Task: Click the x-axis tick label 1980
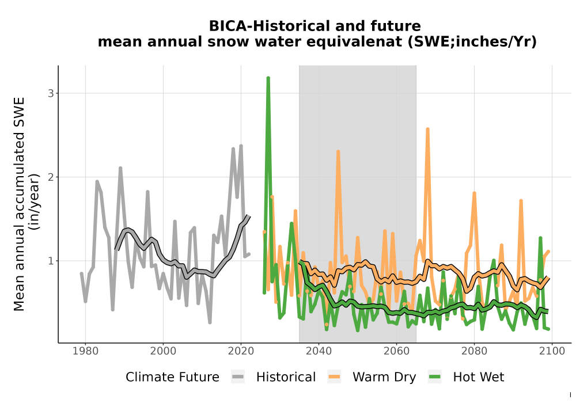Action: tap(86, 351)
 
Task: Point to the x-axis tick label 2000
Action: tap(163, 351)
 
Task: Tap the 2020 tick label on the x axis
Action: tap(241, 351)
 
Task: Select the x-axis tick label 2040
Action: tap(319, 351)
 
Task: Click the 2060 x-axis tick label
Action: tap(396, 351)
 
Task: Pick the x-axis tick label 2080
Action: tap(474, 351)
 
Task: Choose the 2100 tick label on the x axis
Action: tap(552, 351)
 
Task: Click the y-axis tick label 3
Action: tap(51, 93)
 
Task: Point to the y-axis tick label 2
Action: tap(51, 177)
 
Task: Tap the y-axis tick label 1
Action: tap(51, 261)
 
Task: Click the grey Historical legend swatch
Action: tap(238, 377)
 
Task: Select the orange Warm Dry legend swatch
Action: tap(334, 377)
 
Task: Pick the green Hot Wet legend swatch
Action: tap(434, 377)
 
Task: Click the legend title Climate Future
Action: tap(172, 377)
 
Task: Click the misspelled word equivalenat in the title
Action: tap(329, 42)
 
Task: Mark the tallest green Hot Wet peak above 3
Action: tap(268, 78)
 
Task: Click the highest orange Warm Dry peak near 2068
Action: tap(427, 129)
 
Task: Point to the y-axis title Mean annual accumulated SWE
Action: tap(19, 204)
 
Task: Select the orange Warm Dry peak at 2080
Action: tap(474, 193)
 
